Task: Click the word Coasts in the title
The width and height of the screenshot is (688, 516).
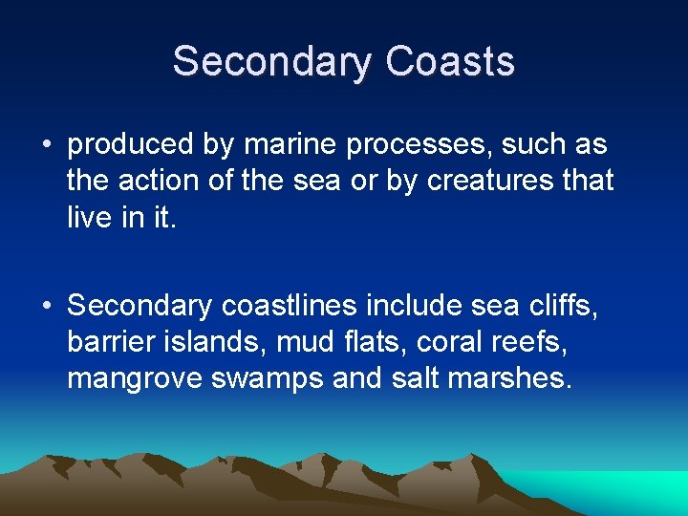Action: (x=450, y=62)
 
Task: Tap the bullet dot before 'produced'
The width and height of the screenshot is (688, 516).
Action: (x=47, y=145)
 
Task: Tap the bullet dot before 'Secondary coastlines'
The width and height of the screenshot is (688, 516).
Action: (x=47, y=306)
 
